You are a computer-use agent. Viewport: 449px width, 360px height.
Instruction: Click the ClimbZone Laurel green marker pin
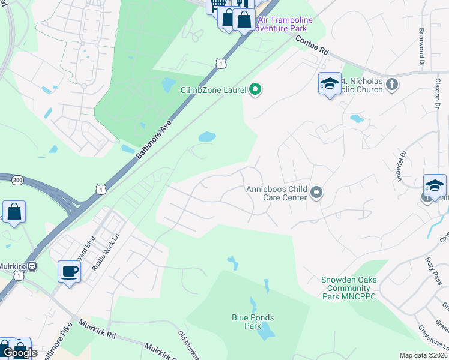(x=255, y=90)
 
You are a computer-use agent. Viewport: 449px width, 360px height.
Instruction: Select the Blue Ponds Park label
(x=253, y=318)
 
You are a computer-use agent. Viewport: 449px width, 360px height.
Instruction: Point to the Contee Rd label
(x=313, y=46)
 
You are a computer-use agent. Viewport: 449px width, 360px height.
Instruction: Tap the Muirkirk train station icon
(x=34, y=266)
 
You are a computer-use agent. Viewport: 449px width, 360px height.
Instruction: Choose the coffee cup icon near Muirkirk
(x=69, y=272)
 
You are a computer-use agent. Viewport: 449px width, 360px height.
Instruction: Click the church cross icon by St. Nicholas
(x=392, y=83)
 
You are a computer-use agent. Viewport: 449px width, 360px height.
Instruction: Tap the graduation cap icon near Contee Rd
(x=330, y=83)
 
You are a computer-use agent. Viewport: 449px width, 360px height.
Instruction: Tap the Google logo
(x=19, y=353)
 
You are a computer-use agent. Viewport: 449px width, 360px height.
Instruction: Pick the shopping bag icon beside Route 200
(x=14, y=212)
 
